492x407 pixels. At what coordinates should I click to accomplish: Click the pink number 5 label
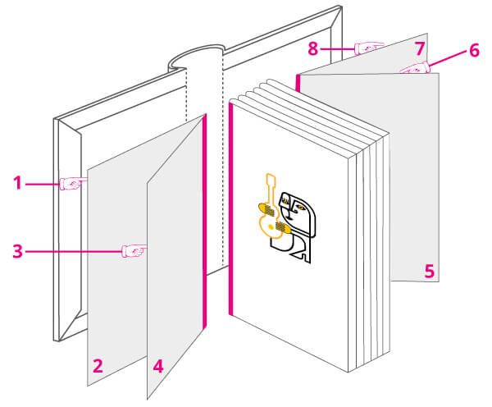point(428,270)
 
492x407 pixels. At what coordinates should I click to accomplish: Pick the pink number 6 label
point(473,50)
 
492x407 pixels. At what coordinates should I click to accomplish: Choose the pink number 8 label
point(313,48)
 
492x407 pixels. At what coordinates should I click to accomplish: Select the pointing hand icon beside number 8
point(368,49)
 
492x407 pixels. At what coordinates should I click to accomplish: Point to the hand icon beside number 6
point(415,70)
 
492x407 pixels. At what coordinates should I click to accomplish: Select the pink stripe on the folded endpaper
point(204,222)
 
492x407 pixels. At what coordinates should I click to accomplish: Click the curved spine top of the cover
point(194,59)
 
